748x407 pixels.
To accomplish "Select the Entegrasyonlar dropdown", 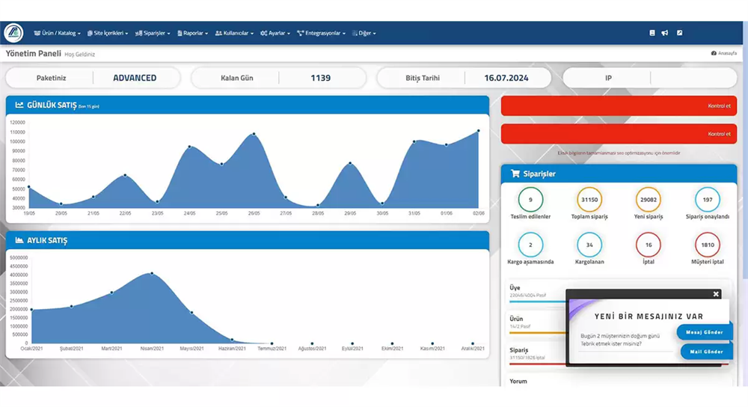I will click(x=322, y=33).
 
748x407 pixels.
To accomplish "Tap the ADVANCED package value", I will click(x=135, y=78).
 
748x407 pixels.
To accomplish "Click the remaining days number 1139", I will click(x=320, y=78).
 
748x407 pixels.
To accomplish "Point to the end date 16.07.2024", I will click(x=506, y=78).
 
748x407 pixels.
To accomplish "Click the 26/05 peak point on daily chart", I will click(x=254, y=135).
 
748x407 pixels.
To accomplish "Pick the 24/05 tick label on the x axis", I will click(x=190, y=214).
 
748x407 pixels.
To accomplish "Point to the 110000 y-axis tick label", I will click(x=17, y=132).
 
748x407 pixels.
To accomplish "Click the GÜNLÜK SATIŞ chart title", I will click(x=52, y=105).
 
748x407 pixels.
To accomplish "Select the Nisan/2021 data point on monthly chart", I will click(x=152, y=273).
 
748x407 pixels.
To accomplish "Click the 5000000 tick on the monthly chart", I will click(x=19, y=257).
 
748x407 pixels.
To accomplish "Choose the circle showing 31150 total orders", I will click(x=589, y=200).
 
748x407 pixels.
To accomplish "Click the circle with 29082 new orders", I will click(x=648, y=200).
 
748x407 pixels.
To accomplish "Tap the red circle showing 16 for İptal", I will click(x=648, y=245).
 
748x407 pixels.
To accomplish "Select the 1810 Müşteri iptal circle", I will click(x=707, y=245).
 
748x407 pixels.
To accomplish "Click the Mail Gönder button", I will click(x=706, y=352).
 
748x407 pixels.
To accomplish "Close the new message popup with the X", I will click(x=716, y=294).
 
